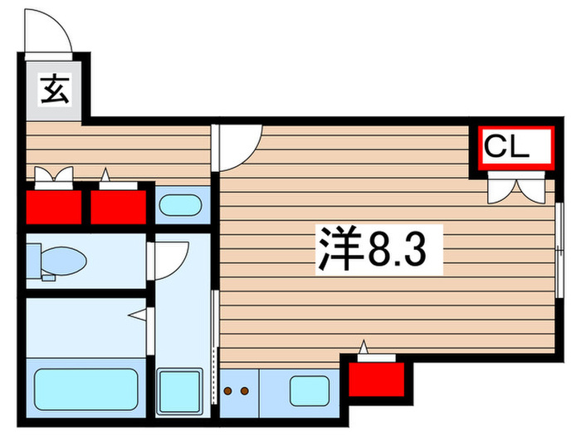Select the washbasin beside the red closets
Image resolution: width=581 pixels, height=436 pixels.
tap(180, 204)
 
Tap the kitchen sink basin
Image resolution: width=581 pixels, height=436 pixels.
tap(310, 389)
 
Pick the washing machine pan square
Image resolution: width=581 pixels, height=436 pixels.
tap(180, 389)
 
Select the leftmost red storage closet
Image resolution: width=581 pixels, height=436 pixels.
tap(54, 206)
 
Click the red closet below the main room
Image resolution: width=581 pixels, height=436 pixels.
tap(376, 379)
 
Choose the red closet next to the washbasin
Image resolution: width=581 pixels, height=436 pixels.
tap(119, 206)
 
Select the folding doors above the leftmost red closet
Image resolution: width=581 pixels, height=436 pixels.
tap(53, 176)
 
